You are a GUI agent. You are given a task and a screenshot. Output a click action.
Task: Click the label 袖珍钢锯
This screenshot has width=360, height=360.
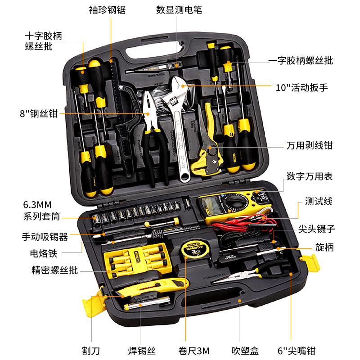[x=107, y=10]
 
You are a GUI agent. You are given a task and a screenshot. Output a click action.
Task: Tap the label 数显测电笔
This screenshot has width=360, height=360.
[x=179, y=10]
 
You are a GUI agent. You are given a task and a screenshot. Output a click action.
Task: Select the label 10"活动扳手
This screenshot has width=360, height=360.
[x=301, y=87]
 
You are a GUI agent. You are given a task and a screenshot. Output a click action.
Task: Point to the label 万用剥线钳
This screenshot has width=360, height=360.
[x=310, y=145]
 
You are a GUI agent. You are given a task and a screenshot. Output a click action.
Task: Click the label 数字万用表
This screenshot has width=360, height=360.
[x=310, y=176]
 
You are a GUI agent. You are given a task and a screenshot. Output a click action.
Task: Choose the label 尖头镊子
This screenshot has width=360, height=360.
[x=316, y=229]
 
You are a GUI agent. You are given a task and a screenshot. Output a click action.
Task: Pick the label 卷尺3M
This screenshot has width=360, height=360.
[x=194, y=351]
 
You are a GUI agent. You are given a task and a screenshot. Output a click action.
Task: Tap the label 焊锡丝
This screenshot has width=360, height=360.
[x=142, y=351]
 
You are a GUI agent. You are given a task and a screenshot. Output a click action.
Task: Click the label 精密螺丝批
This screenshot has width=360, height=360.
[x=54, y=270]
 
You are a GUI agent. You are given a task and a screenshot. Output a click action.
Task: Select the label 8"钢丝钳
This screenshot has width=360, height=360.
[x=39, y=113]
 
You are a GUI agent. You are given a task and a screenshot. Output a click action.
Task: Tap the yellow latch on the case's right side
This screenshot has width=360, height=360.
[x=311, y=262]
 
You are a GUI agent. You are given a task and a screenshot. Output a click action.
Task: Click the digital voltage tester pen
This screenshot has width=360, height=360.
[x=154, y=67]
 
